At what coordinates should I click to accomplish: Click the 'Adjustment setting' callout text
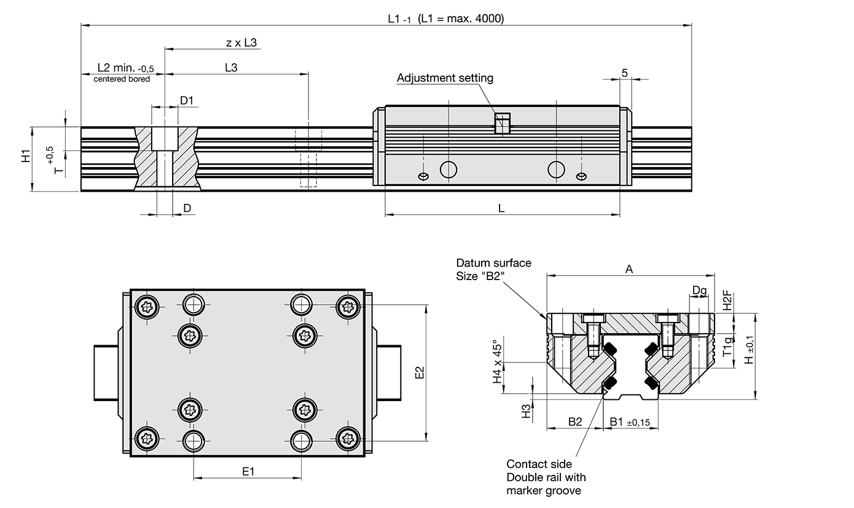click(x=445, y=78)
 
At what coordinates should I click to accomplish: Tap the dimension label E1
click(x=248, y=471)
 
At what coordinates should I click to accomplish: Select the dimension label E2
click(x=420, y=373)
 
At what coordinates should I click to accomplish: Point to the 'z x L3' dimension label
click(x=241, y=43)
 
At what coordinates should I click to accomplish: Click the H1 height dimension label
click(x=25, y=156)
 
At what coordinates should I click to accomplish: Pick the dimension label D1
click(x=187, y=100)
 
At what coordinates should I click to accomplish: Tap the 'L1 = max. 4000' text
click(x=461, y=18)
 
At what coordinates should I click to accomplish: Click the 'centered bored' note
click(x=121, y=79)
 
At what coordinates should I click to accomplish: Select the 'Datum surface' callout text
click(x=493, y=263)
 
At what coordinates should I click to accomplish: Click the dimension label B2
click(x=574, y=421)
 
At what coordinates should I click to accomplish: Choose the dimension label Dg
click(x=699, y=289)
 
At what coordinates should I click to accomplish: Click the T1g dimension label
click(x=727, y=347)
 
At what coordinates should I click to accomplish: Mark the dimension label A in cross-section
click(x=629, y=268)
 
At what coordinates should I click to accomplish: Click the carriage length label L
click(x=501, y=208)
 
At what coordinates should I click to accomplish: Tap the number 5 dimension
click(x=624, y=72)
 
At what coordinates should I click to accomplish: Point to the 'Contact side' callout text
click(x=539, y=464)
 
